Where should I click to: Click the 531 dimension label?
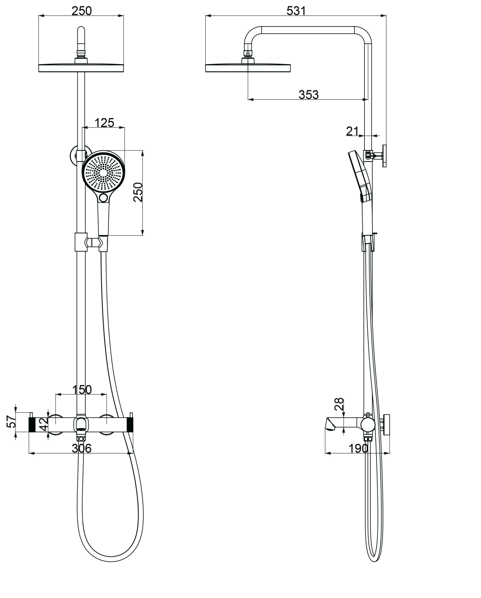(x=296, y=11)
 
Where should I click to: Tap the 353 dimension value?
(x=308, y=95)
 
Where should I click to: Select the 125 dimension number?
(x=104, y=123)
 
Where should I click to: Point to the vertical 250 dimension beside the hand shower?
(x=138, y=192)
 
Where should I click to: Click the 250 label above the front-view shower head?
(x=81, y=11)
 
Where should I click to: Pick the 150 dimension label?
(x=82, y=390)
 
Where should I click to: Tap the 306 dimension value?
(x=81, y=448)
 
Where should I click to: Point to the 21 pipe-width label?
(x=352, y=131)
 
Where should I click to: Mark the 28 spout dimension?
(x=339, y=404)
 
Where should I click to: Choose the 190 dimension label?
(x=358, y=448)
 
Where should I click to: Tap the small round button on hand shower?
(x=104, y=197)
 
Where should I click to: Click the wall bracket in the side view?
(x=384, y=156)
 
